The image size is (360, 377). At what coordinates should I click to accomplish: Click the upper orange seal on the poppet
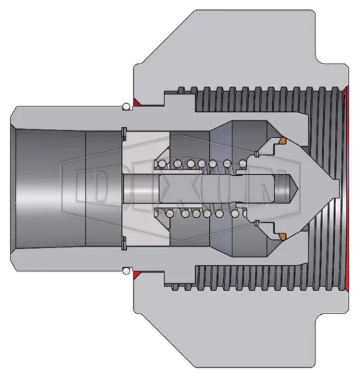click(281, 141)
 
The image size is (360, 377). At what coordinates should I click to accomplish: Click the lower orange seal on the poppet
click(281, 236)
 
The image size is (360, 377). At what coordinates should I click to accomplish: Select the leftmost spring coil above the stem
click(159, 164)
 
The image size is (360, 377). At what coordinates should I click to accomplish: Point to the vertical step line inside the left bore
click(87, 188)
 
